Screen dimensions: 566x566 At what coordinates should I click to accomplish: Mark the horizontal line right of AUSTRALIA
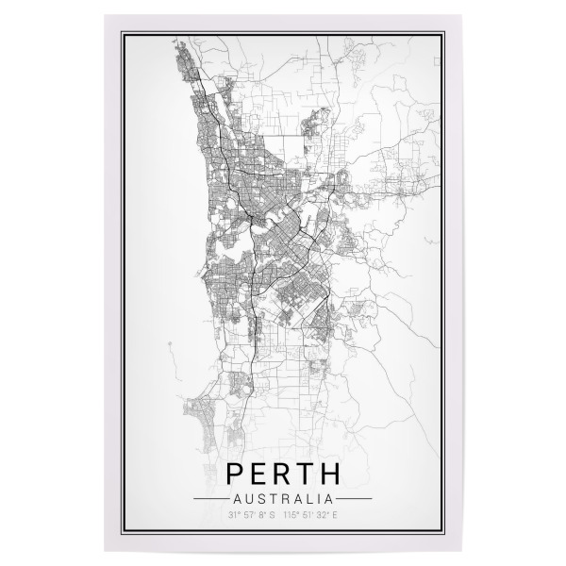coord(355,497)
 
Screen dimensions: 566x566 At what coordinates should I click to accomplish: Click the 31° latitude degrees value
coord(233,515)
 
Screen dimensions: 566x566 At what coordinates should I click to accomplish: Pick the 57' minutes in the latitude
coord(247,515)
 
